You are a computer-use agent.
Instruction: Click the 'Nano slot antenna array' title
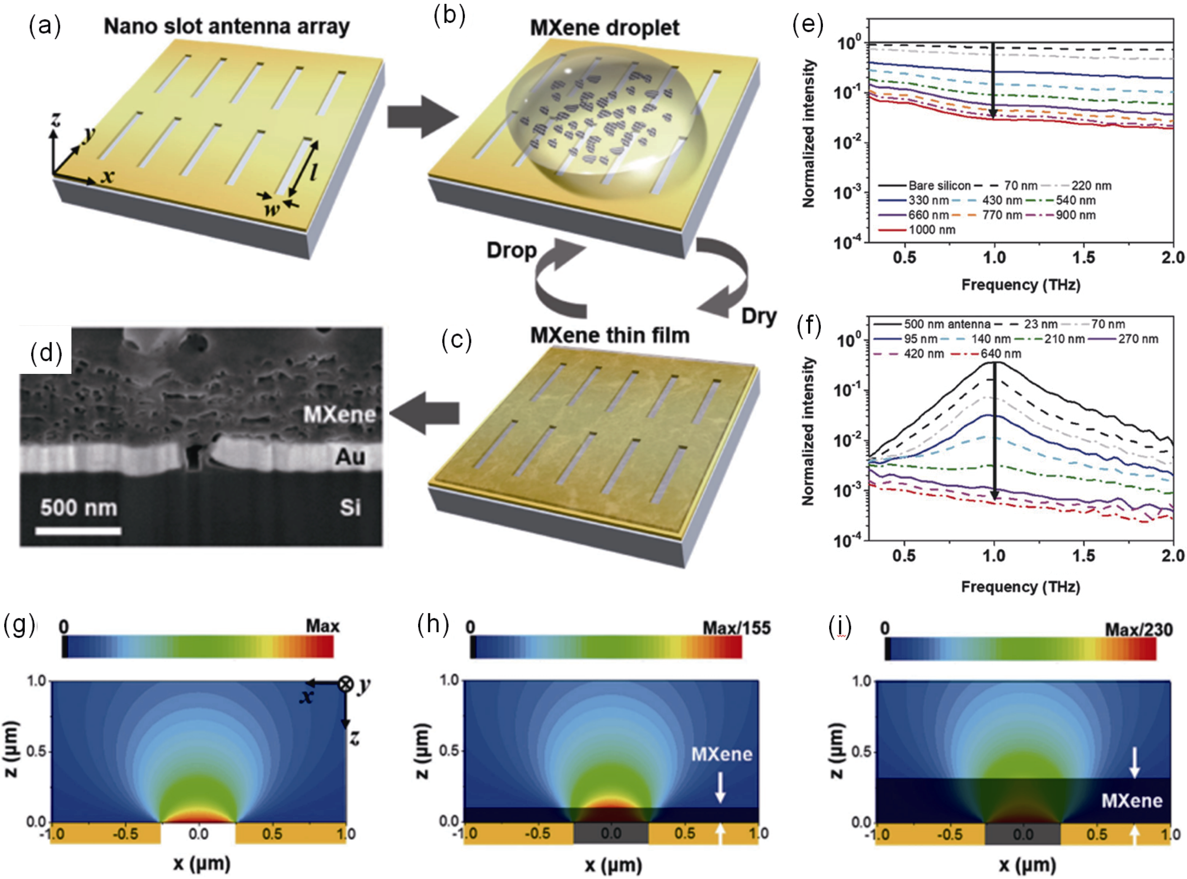point(227,27)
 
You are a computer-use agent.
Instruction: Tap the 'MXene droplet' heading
point(605,28)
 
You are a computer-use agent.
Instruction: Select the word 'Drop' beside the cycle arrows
point(512,250)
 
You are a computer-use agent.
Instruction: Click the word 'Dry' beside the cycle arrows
point(759,316)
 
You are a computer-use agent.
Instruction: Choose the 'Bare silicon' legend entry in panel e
point(939,186)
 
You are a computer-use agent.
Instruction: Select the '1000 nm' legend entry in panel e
point(932,230)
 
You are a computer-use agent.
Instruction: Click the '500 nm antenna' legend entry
point(947,324)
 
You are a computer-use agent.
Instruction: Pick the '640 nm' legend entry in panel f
point(1001,354)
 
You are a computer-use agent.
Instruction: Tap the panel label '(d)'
point(46,352)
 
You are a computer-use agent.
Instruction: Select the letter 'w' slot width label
point(272,209)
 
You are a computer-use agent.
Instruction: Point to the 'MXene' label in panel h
point(722,754)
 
